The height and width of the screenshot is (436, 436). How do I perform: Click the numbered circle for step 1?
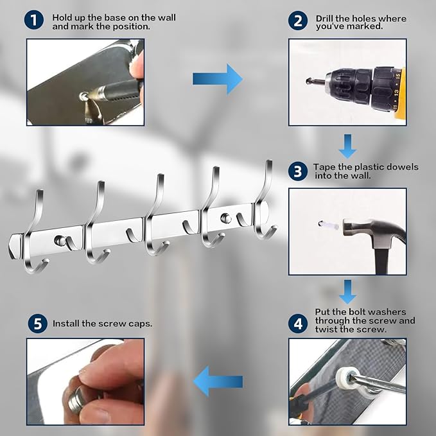(34, 20)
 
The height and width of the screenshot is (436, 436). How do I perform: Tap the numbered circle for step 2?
(298, 21)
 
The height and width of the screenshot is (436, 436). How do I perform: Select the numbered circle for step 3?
(298, 171)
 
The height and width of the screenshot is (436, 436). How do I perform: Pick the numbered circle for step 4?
(298, 324)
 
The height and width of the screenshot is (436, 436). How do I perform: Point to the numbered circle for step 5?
(37, 324)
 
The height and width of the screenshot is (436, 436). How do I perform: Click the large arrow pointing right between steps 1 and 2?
(218, 79)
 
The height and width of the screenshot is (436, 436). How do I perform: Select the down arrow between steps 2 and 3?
(347, 146)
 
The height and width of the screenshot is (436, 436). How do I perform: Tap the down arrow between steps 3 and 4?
(347, 292)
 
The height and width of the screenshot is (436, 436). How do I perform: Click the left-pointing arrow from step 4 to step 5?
(218, 381)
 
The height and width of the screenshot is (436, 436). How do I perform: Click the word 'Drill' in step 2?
(324, 19)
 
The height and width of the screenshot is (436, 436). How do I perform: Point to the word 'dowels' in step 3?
(403, 167)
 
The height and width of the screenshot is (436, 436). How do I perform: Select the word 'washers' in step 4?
(389, 312)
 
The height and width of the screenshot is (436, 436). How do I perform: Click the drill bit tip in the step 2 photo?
(308, 81)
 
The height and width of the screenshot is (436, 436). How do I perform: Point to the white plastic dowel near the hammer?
(329, 225)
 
